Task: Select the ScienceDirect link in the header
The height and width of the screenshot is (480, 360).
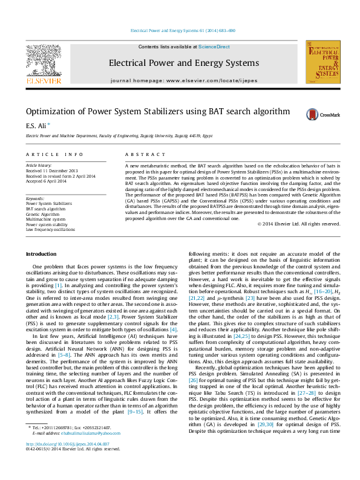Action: [x=214, y=47]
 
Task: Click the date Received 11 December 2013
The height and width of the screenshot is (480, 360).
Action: [x=51, y=170]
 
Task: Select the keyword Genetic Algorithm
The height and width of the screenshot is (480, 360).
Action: [x=42, y=214]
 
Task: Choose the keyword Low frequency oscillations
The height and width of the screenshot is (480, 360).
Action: [x=50, y=230]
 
